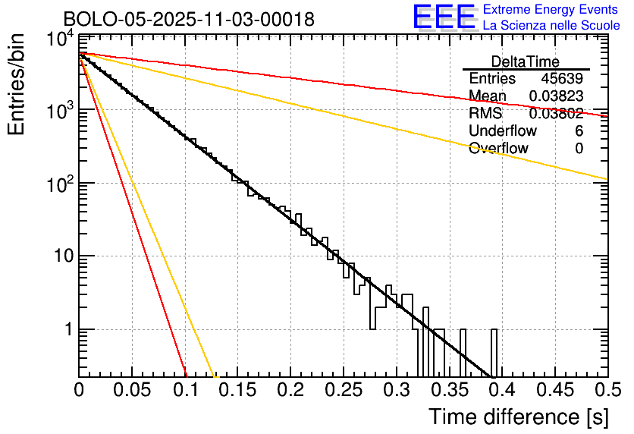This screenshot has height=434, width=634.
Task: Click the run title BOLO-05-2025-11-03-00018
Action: tap(189, 20)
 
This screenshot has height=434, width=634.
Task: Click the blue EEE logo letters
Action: tap(444, 17)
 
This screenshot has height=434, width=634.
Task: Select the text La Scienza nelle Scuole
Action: tap(551, 25)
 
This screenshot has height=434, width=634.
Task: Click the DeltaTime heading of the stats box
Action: tap(526, 61)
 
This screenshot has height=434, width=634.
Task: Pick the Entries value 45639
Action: tap(562, 79)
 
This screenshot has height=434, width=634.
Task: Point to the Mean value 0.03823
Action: tap(556, 96)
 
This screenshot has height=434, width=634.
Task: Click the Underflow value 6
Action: tap(579, 131)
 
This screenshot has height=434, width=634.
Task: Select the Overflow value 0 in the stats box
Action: tap(579, 148)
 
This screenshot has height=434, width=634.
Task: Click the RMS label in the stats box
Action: tap(485, 113)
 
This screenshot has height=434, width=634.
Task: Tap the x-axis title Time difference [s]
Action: tap(517, 417)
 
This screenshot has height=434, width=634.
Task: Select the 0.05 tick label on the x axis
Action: tap(132, 390)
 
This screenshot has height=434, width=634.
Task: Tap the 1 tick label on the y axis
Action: tap(65, 330)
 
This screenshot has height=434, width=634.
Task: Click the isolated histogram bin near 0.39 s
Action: tap(494, 353)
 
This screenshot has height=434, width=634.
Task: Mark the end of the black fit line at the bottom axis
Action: tap(492, 376)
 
